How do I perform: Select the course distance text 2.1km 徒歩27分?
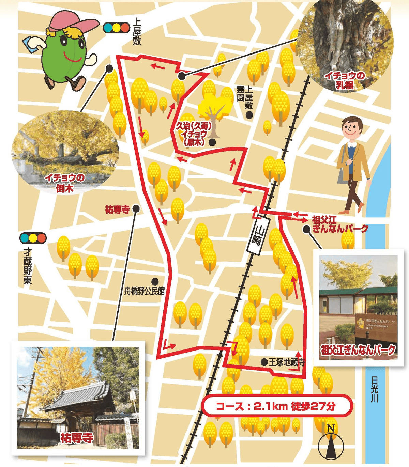coord(276,406)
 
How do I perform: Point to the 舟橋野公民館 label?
coord(144,291)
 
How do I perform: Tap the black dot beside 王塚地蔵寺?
coord(264,362)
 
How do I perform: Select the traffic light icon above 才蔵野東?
coord(33,238)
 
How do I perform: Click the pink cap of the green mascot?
coord(73,24)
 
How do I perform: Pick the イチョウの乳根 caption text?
coord(345,80)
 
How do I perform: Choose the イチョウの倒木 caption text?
coord(65,183)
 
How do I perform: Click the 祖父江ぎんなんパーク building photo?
coord(358,307)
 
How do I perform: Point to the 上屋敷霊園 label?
coord(245,97)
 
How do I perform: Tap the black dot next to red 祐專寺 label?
coord(136,209)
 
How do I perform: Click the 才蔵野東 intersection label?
coord(27,266)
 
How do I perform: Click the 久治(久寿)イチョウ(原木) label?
coord(194,134)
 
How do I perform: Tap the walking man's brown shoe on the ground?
coord(344,212)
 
